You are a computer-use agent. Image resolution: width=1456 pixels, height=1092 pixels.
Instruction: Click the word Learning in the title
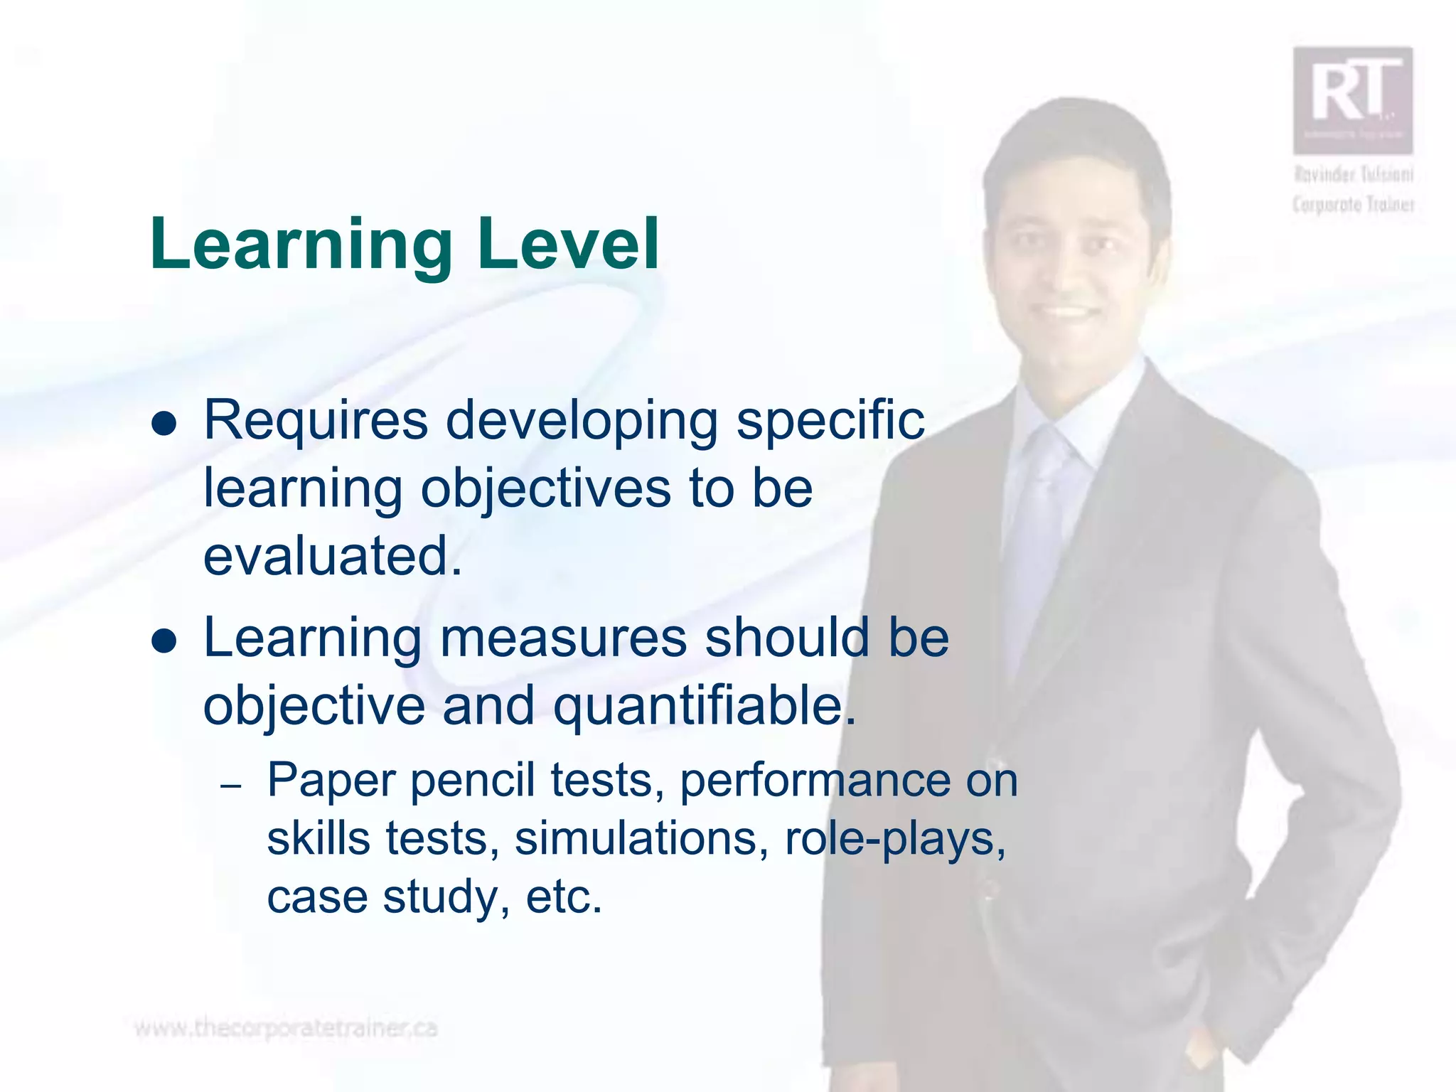tap(301, 245)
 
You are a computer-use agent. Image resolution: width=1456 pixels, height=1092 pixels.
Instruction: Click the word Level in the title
tap(569, 245)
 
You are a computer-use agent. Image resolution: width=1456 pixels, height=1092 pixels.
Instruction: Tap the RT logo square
tap(1352, 100)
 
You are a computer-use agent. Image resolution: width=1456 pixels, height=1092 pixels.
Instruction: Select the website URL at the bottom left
tap(286, 1028)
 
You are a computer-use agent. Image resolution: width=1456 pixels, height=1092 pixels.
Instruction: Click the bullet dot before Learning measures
tap(164, 641)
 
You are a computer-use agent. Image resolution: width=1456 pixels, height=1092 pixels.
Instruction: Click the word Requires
tap(316, 421)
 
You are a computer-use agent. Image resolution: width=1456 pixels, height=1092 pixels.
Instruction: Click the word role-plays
tap(895, 838)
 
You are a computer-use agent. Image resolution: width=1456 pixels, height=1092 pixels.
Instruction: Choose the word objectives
tap(545, 489)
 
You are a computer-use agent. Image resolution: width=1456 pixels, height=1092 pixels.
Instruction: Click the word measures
tap(563, 638)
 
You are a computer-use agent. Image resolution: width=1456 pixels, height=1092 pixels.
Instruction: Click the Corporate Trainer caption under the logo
tap(1353, 205)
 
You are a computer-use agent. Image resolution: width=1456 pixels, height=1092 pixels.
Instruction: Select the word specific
tap(830, 421)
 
